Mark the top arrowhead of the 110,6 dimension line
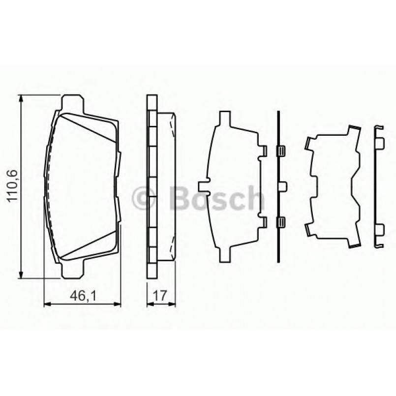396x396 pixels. pos(21,99)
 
